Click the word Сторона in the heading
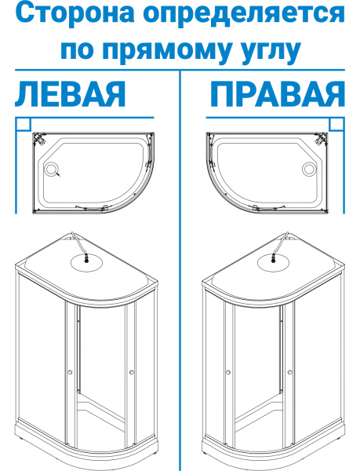click(x=75, y=13)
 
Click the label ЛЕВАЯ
click(x=71, y=94)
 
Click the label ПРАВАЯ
click(x=277, y=94)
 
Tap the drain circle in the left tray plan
click(x=51, y=168)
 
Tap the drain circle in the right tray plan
click(x=309, y=168)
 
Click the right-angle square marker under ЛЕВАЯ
click(x=24, y=125)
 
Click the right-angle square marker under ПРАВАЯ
click(x=336, y=125)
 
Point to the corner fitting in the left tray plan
click(x=39, y=139)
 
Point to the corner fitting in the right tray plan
click(x=321, y=139)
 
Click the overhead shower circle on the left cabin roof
click(x=86, y=263)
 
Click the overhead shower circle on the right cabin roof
click(x=274, y=263)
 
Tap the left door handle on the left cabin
click(x=71, y=372)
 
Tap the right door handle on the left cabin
click(x=132, y=372)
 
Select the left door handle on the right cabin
click(x=228, y=372)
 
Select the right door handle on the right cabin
click(x=289, y=372)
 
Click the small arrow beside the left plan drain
click(x=58, y=174)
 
